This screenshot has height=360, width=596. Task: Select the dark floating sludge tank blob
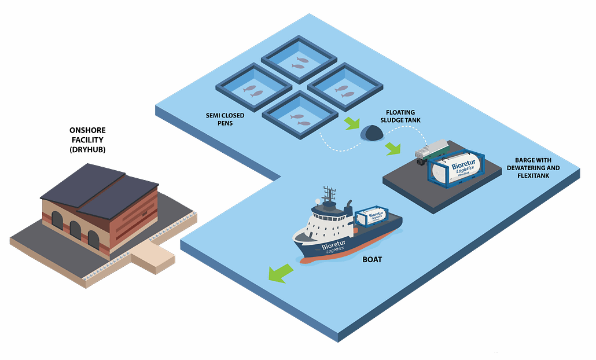pos(371,133)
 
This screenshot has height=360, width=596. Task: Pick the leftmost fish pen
pos(253,89)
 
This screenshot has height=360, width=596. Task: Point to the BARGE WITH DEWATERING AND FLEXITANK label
pos(536,167)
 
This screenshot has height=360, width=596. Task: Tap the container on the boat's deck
pos(371,218)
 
